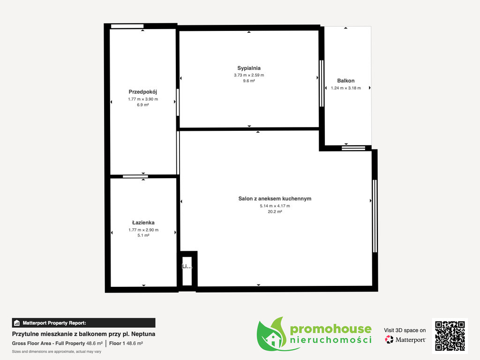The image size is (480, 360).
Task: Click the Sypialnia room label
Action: [x=249, y=68]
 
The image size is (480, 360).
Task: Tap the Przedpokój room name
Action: [x=142, y=92]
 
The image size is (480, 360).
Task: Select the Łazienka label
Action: [x=143, y=223]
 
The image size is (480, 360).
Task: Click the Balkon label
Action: [x=346, y=81]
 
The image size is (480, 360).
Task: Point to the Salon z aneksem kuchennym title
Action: [x=275, y=199]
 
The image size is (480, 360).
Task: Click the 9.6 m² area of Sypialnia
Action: [x=249, y=81]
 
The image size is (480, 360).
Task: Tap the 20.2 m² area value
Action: [x=275, y=211]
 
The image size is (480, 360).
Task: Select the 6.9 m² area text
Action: [x=143, y=105]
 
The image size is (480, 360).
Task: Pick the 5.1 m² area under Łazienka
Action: [x=143, y=235]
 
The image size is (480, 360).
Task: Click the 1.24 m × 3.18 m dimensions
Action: [x=346, y=88]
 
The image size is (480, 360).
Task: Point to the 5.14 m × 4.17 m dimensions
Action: [x=275, y=206]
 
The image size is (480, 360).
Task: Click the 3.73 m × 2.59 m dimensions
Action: [x=249, y=75]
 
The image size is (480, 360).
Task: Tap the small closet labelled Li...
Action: [x=187, y=271]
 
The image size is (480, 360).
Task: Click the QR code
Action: [x=450, y=336]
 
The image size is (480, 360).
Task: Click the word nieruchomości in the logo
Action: [x=330, y=340]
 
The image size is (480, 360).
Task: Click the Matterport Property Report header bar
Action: [x=83, y=323]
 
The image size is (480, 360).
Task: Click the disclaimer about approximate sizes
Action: [x=57, y=352]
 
